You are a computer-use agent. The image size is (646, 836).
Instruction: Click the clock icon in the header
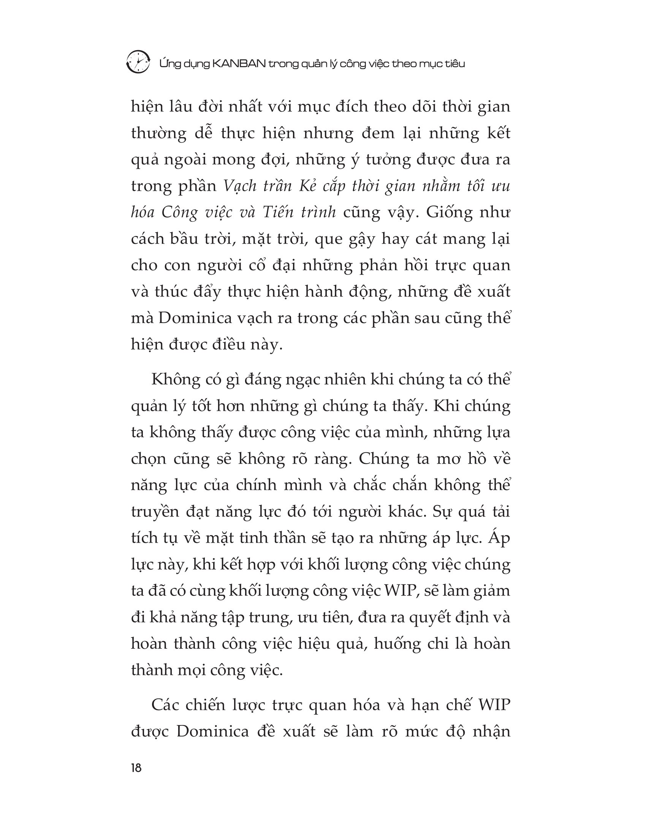[x=138, y=62]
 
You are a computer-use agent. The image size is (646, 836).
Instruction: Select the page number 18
[x=136, y=768]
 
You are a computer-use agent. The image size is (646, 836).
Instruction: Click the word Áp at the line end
[x=499, y=538]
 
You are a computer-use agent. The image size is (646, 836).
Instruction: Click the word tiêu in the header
[x=455, y=63]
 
